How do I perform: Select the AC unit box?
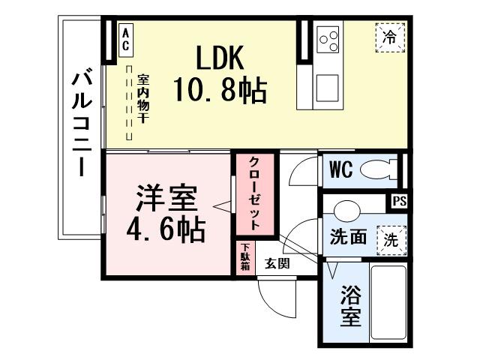pos(125,38)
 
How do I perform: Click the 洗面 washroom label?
pos(349,237)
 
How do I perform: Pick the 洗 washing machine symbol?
pos(391,239)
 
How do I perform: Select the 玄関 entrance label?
pos(277,264)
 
